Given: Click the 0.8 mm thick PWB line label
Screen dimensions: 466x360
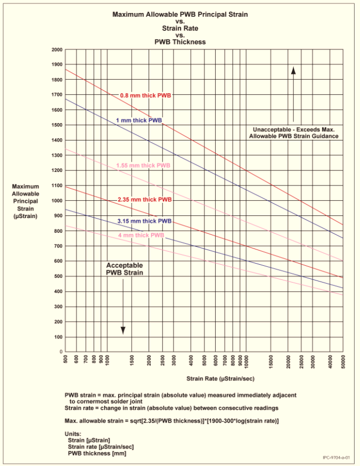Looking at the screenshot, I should click(145, 95).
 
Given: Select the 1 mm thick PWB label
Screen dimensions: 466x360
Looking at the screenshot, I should click(139, 120).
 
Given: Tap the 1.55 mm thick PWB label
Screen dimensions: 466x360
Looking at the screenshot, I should click(143, 165).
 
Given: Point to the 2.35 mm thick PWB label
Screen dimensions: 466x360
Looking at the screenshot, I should click(145, 200).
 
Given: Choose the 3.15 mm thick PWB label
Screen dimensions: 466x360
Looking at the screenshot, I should click(145, 221).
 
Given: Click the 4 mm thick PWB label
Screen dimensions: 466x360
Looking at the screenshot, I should click(141, 235).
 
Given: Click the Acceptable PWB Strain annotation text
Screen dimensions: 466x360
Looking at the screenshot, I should click(124, 269).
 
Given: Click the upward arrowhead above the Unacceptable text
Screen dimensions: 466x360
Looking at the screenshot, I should click(293, 69).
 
